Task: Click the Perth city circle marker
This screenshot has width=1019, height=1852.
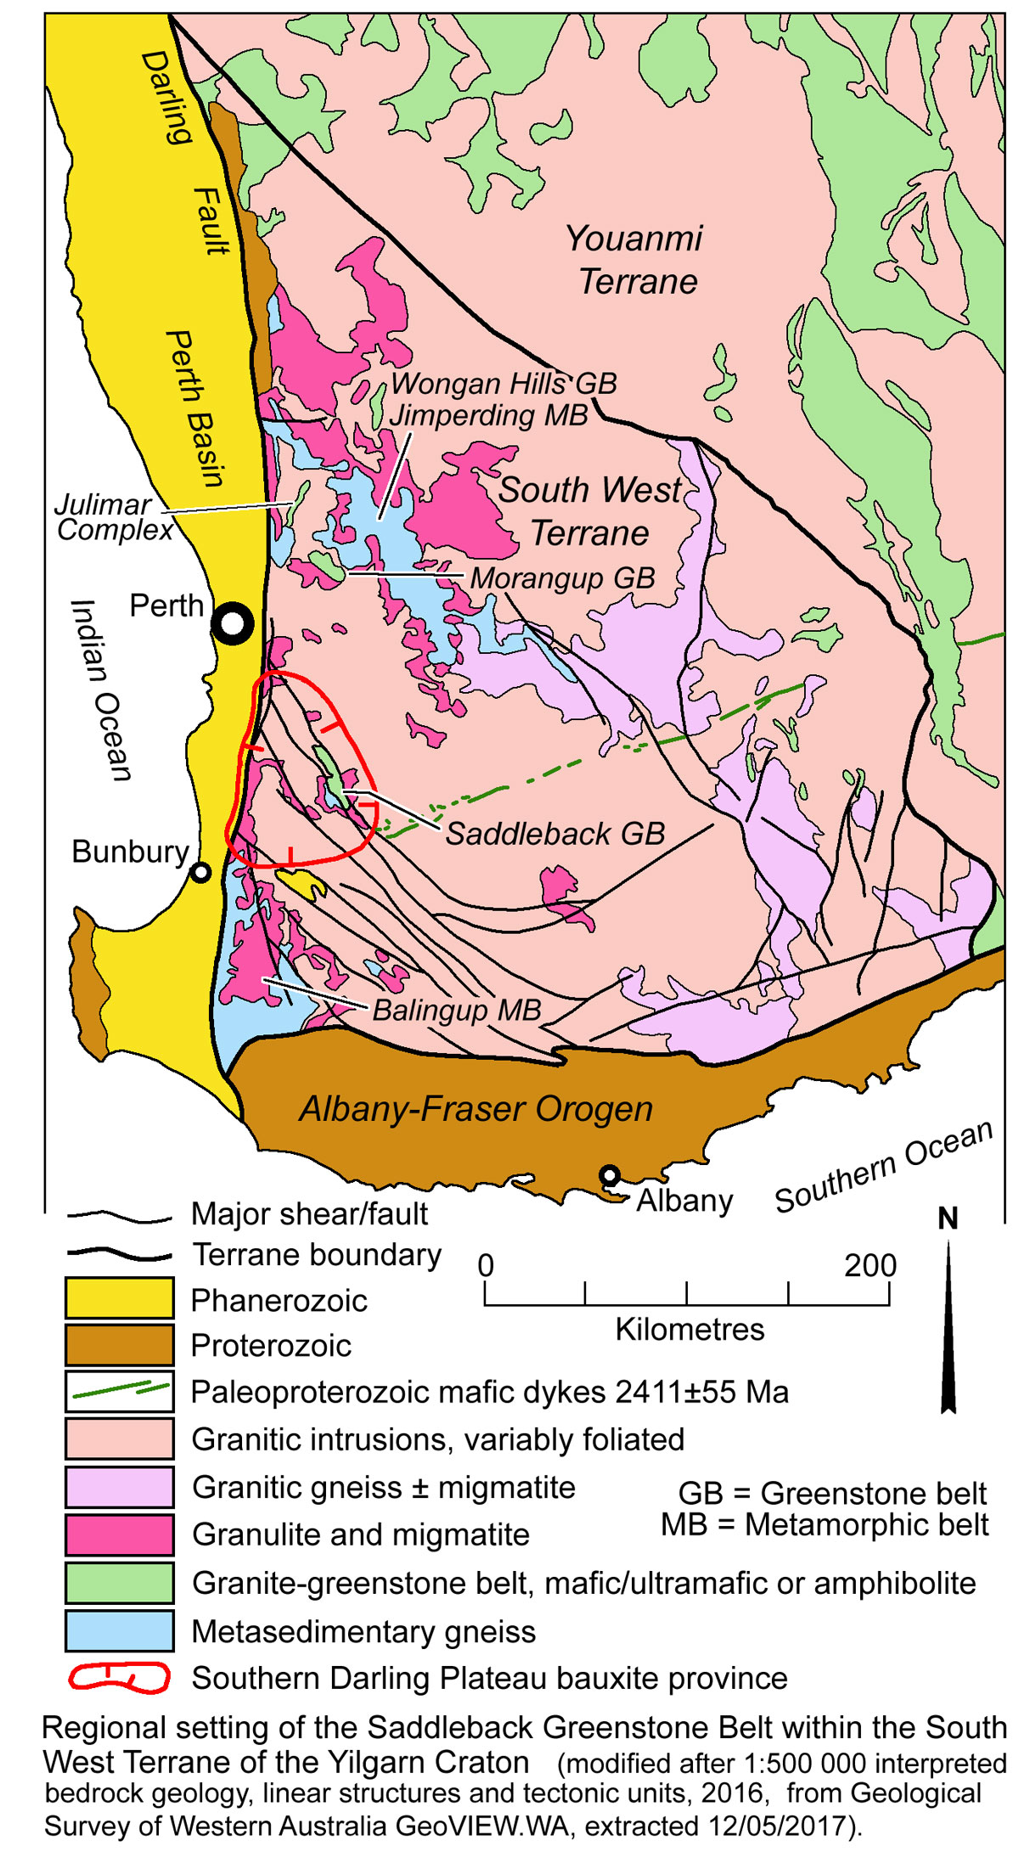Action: pyautogui.click(x=232, y=625)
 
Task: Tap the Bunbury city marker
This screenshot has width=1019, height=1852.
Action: pyautogui.click(x=200, y=872)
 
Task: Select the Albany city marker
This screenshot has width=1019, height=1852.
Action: pyautogui.click(x=609, y=1175)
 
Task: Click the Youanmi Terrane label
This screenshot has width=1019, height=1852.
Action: pyautogui.click(x=635, y=260)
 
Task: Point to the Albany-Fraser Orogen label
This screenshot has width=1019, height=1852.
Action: pyautogui.click(x=476, y=1109)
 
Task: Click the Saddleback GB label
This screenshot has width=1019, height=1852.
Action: pyautogui.click(x=555, y=834)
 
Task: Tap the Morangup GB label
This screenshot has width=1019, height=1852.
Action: pyautogui.click(x=562, y=578)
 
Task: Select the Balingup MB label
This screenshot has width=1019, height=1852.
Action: pyautogui.click(x=457, y=1010)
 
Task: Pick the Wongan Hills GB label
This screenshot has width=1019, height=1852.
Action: pyautogui.click(x=504, y=384)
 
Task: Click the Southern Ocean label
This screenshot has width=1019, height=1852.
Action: pyautogui.click(x=883, y=1167)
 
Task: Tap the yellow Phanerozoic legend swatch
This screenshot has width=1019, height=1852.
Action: pyautogui.click(x=120, y=1298)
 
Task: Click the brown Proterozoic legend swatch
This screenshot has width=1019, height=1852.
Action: pyautogui.click(x=120, y=1345)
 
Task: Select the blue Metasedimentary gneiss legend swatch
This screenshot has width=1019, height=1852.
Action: pyautogui.click(x=120, y=1630)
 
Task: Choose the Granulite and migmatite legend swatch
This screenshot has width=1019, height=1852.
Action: pyautogui.click(x=120, y=1535)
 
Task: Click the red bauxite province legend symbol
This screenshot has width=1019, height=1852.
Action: pyautogui.click(x=120, y=1678)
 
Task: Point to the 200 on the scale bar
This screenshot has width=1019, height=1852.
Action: pyautogui.click(x=870, y=1266)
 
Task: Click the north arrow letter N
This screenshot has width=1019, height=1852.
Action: pyautogui.click(x=948, y=1219)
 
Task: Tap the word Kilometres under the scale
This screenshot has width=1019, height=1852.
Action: pyautogui.click(x=689, y=1330)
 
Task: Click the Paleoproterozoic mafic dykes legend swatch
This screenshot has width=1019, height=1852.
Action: pyautogui.click(x=120, y=1392)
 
